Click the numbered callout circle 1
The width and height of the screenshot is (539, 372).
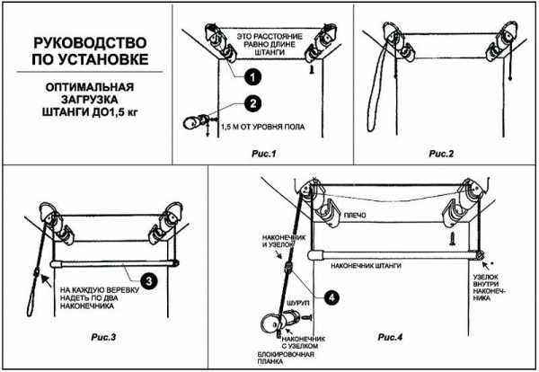[252, 76]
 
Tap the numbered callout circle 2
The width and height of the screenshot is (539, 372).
[253, 102]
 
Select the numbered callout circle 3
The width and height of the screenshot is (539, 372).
[149, 281]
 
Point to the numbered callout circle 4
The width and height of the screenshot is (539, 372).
[331, 297]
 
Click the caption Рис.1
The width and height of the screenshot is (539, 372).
[263, 154]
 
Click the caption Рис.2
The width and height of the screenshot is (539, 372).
[441, 154]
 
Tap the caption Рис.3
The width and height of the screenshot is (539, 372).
[103, 337]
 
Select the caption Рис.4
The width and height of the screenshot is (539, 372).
[390, 337]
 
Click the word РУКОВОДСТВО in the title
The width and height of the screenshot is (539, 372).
[90, 43]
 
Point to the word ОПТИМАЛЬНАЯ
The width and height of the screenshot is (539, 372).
[90, 86]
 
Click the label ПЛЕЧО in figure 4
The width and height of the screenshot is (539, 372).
[355, 216]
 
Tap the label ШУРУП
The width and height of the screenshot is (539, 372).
[298, 303]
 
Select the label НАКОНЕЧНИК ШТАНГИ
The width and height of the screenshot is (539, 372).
[366, 265]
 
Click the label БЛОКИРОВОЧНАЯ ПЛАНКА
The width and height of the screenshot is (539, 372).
[286, 358]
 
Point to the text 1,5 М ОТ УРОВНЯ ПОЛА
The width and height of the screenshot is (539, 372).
[263, 127]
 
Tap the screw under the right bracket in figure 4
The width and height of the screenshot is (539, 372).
[453, 238]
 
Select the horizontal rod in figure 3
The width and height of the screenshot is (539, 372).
[115, 264]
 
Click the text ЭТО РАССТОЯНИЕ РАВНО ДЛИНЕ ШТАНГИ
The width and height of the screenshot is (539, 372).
[269, 44]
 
